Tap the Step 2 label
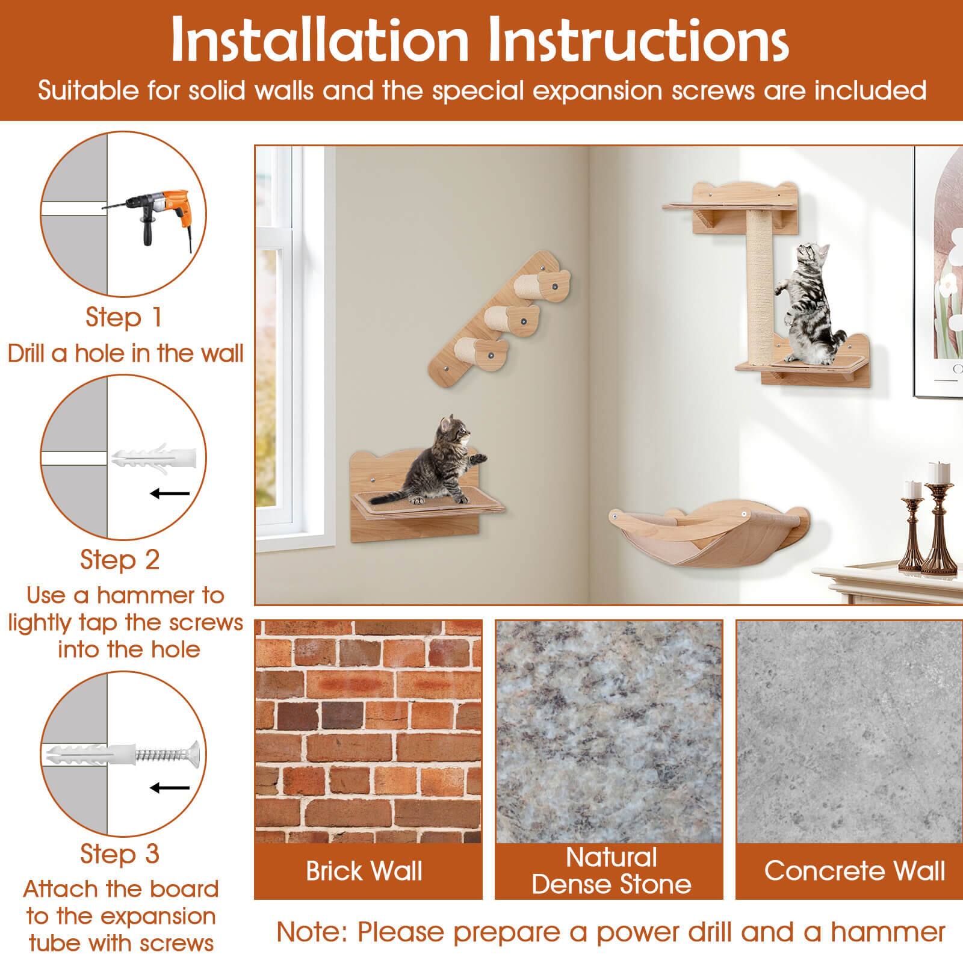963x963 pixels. tap(120, 559)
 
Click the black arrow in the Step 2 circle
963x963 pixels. tap(170, 494)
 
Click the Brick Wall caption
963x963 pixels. tap(364, 871)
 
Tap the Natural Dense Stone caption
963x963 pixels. tap(611, 870)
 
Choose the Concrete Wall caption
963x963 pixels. tap(854, 870)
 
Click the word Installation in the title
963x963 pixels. tap(319, 39)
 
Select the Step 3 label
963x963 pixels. tap(120, 853)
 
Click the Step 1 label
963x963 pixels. tap(124, 317)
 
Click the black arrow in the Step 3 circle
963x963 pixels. tap(170, 788)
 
